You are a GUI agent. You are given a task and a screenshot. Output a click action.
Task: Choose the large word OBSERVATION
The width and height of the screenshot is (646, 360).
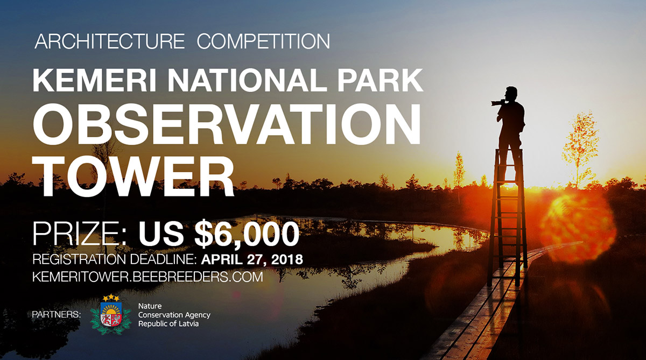tap(227, 125)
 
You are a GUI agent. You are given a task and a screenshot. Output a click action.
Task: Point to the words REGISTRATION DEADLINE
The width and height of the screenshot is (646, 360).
tap(115, 259)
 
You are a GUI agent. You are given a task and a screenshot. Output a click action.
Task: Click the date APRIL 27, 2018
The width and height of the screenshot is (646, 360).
tap(252, 259)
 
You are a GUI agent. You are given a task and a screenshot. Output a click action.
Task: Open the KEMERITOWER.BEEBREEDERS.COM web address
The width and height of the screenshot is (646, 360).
tap(148, 278)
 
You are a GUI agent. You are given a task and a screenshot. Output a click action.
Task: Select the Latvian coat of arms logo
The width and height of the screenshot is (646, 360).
tap(111, 314)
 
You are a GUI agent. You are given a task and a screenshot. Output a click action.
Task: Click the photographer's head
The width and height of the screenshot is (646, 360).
tap(512, 93)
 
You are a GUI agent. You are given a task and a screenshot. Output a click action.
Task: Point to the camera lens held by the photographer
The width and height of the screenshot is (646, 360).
tap(495, 102)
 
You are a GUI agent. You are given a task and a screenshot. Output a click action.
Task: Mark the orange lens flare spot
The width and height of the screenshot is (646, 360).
tap(577, 221)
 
